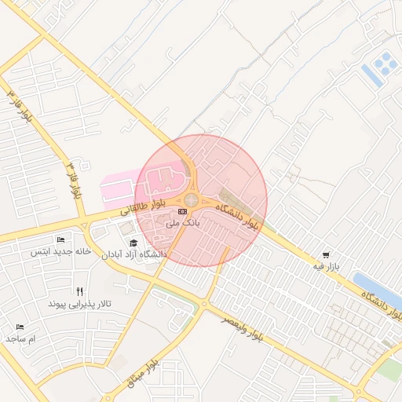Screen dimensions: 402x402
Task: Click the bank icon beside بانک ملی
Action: pos(183,211)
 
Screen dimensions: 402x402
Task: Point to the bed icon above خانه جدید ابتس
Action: pos(61,239)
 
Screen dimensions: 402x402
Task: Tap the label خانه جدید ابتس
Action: pos(57,251)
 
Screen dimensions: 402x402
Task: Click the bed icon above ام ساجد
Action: pos(20,327)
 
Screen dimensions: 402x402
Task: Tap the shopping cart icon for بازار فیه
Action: pos(326,255)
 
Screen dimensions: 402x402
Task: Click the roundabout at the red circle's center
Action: pos(192,200)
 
